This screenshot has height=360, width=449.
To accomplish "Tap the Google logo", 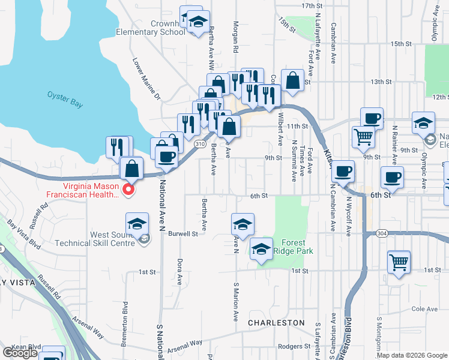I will tap(20, 353).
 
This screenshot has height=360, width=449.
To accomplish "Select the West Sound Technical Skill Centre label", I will tap(90, 239).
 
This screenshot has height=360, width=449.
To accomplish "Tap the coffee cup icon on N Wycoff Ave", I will tap(343, 172).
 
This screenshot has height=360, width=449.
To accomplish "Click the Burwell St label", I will tap(183, 233).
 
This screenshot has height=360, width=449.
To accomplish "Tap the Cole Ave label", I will tap(426, 309).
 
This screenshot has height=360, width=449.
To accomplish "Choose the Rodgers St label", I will tap(298, 346).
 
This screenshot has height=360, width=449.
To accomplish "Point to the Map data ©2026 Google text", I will tap(412, 355).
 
